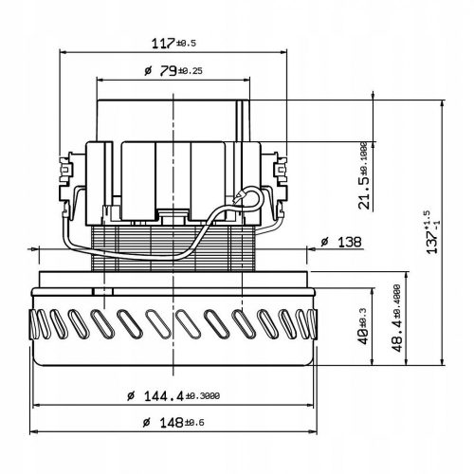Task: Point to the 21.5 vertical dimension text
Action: click(x=364, y=177)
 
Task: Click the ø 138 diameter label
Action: click(x=340, y=244)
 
